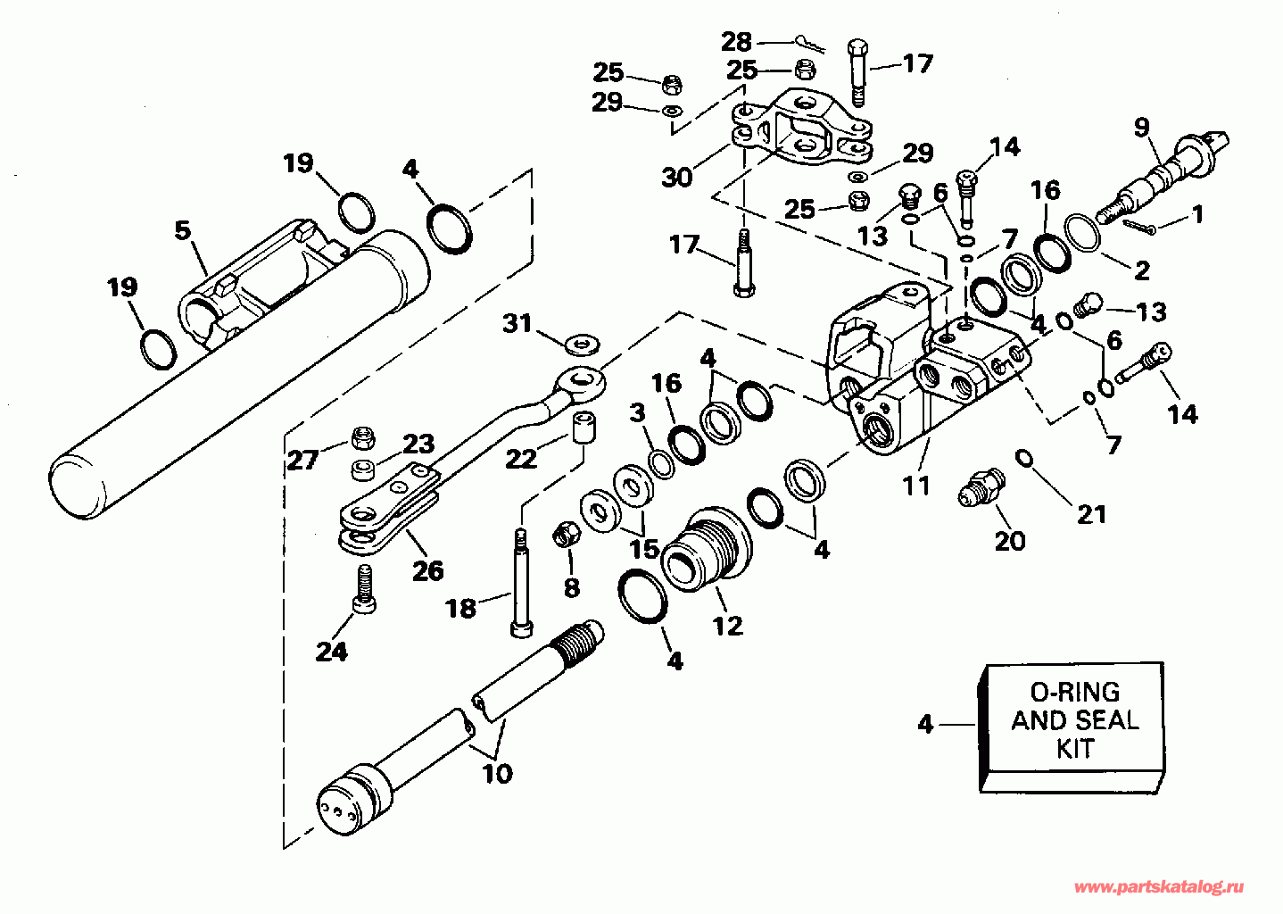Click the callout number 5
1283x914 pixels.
point(183,230)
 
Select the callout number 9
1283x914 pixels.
point(1142,127)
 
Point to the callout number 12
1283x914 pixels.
point(728,626)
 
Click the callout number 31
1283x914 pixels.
point(517,324)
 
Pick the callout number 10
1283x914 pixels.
point(498,774)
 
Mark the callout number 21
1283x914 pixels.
point(1092,515)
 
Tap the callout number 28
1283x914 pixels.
point(736,42)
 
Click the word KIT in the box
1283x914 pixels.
point(1075,749)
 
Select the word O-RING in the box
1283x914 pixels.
point(1074,693)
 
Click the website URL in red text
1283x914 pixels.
point(1159,887)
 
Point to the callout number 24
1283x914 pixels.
point(332,652)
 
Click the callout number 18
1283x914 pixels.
point(460,608)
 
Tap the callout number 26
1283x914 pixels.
point(428,570)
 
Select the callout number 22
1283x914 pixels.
point(521,459)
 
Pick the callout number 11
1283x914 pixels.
point(916,486)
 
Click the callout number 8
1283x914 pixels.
point(572,588)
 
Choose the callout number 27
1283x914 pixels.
point(302,460)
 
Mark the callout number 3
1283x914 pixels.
point(637,413)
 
